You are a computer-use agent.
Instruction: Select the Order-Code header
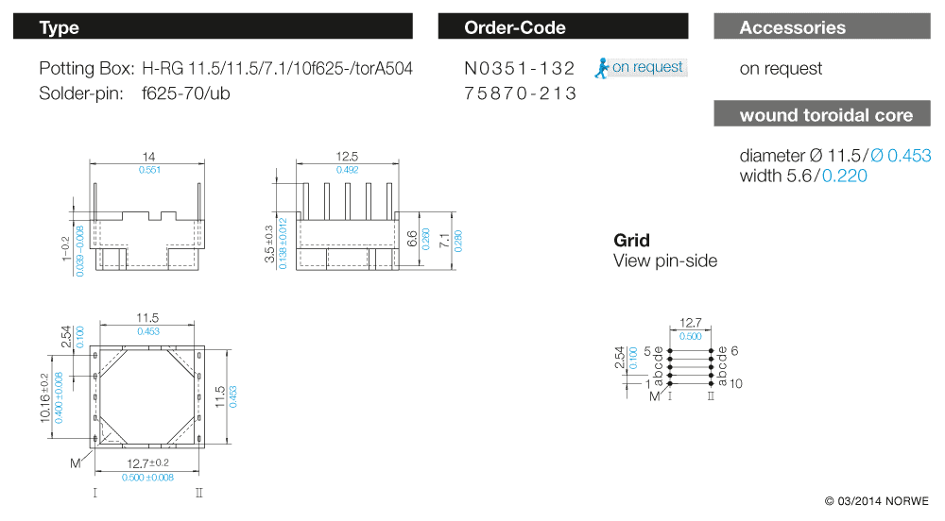click(562, 27)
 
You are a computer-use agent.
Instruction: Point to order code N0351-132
click(520, 68)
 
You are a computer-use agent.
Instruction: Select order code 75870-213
click(520, 93)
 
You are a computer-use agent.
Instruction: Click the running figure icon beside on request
click(602, 67)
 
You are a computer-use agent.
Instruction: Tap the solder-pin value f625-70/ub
click(185, 93)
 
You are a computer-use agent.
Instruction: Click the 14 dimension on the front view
click(147, 157)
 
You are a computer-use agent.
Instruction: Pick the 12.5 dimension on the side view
click(348, 157)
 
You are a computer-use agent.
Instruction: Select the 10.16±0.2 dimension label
click(44, 397)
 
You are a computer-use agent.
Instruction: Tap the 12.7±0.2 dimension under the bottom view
click(147, 462)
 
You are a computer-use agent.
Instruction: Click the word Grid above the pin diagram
click(631, 241)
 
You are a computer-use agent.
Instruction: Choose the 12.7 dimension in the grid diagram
click(691, 324)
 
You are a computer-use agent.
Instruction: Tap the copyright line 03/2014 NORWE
click(876, 500)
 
